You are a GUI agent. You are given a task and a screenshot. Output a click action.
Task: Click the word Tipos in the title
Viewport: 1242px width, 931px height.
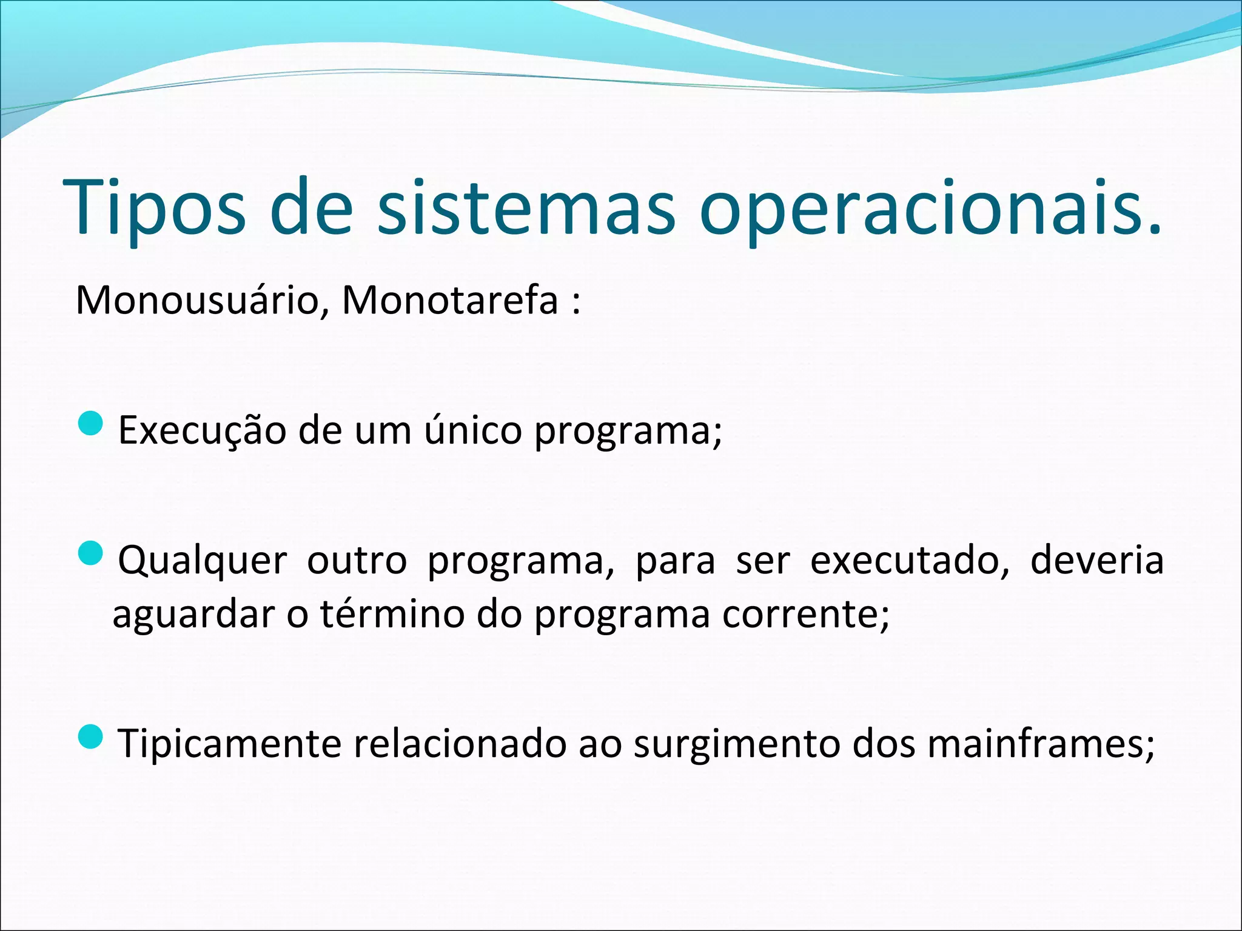(x=154, y=207)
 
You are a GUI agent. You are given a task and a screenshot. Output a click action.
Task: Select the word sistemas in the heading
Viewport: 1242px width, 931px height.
(x=526, y=207)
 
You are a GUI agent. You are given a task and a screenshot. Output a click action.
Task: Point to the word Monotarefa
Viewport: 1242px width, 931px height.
(x=450, y=300)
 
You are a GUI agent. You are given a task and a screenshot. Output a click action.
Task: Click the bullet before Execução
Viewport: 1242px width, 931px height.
(x=92, y=422)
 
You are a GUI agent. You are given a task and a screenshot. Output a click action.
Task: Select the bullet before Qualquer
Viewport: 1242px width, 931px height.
(x=92, y=553)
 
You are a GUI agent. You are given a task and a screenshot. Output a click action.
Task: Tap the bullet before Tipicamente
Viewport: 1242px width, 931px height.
(x=92, y=736)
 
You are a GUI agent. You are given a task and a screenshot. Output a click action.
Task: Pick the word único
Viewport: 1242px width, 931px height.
(x=472, y=430)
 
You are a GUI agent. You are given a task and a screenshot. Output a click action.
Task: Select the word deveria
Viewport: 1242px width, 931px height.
(x=1097, y=560)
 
